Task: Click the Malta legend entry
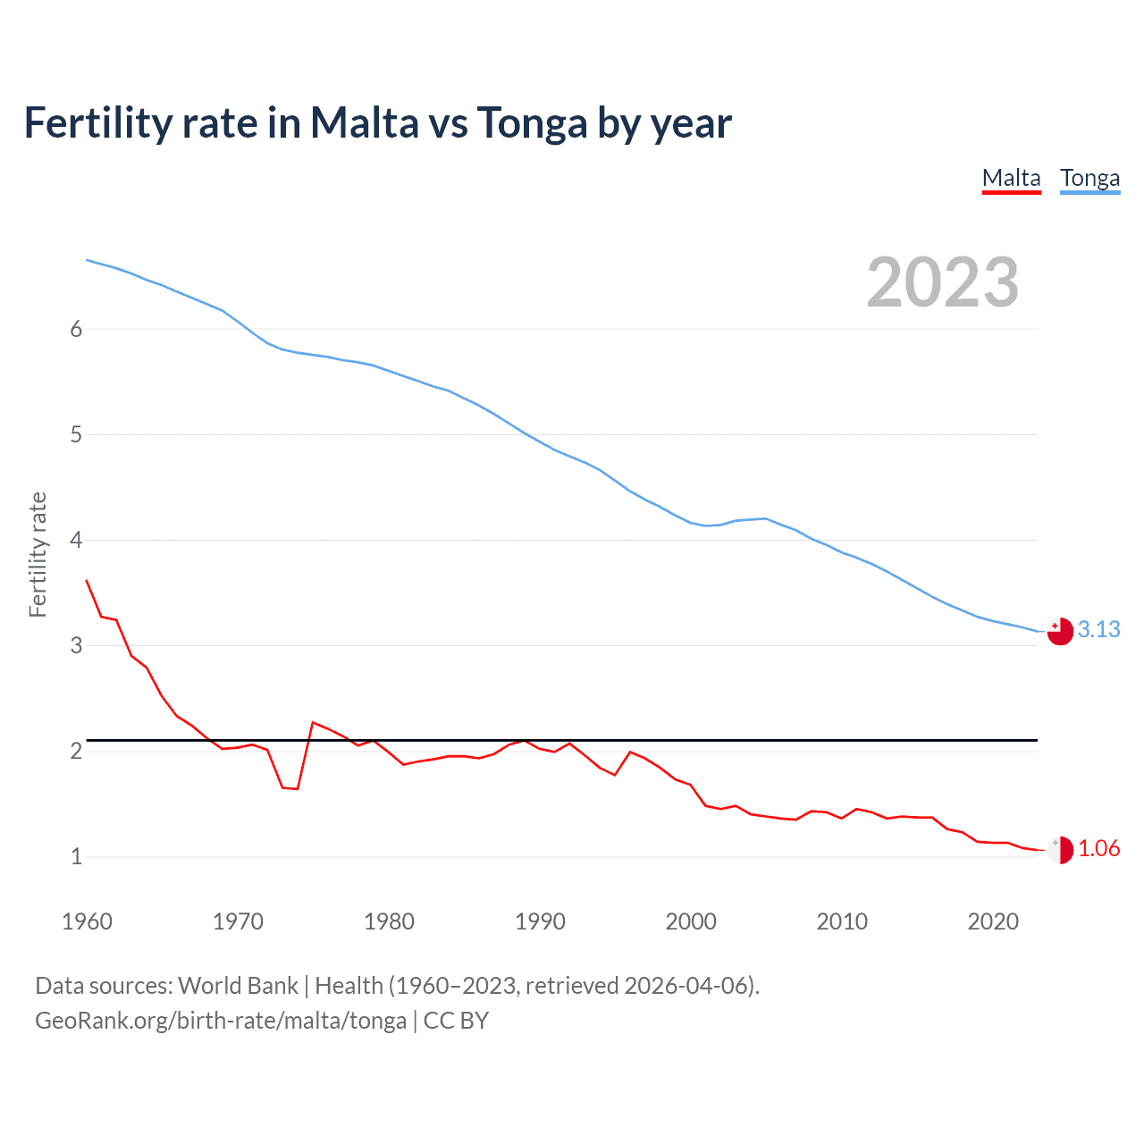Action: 1011,178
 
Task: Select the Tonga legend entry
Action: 1089,178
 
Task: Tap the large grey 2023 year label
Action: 943,282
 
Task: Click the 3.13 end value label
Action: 1098,629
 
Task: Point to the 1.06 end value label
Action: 1098,848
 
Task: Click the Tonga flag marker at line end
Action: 1060,631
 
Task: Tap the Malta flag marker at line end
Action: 1060,850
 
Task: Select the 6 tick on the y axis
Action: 76,329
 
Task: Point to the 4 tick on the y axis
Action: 76,540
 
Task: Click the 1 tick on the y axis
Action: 76,856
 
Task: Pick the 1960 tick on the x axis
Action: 87,921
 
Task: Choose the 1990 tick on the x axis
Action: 540,921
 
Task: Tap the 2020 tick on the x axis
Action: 993,921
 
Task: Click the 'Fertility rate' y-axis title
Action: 38,554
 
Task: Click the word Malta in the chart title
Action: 362,122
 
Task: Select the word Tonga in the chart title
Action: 532,122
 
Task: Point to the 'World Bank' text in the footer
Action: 238,986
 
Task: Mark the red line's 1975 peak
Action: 313,722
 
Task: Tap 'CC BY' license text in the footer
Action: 456,1021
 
